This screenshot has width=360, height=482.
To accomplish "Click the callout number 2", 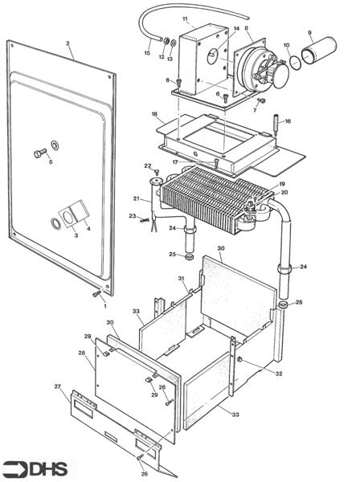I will (68, 43).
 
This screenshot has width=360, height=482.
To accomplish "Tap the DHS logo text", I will (48, 468).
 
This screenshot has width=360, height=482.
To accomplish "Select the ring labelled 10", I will (295, 61).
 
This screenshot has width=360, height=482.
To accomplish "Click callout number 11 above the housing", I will (185, 18).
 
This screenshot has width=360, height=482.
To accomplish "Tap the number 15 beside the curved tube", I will (147, 54).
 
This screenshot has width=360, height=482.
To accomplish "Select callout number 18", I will (153, 115).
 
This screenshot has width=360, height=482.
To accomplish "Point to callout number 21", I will (137, 198).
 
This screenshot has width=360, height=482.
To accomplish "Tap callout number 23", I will (133, 216).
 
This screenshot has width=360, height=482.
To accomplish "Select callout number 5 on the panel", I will (50, 162).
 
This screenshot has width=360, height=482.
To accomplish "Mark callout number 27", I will (57, 386).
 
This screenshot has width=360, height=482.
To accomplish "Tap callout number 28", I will (81, 353).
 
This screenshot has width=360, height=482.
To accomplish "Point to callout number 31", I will (182, 279).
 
